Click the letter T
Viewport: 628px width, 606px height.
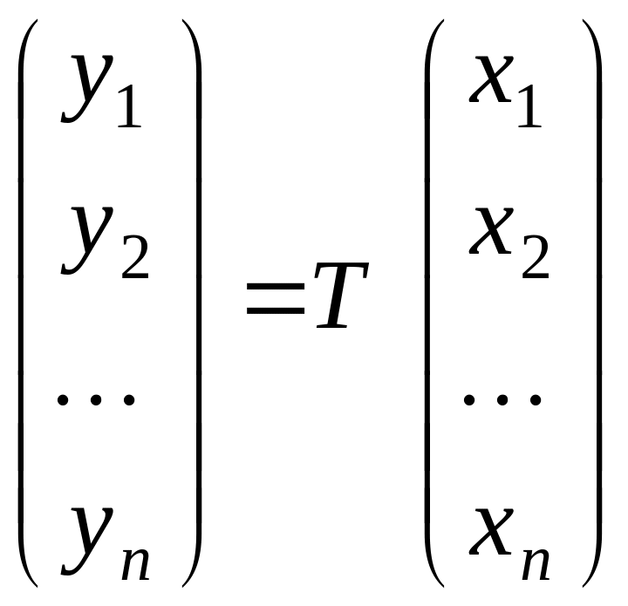341,296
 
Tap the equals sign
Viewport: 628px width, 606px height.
276,298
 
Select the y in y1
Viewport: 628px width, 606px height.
86,88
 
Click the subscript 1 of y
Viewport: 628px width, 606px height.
129,106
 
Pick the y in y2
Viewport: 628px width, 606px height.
86,241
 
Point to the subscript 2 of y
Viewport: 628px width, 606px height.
135,256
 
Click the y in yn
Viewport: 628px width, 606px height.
86,541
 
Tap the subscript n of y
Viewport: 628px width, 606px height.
136,563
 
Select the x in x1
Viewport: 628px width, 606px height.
491,78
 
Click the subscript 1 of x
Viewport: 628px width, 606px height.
530,106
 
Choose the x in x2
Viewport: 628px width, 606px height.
491,231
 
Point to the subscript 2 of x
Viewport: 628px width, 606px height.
536,256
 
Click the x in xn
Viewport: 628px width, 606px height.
491,532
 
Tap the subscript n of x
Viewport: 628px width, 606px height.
536,563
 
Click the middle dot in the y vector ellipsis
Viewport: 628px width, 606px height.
95,399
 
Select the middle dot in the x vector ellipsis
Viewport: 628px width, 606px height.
502,399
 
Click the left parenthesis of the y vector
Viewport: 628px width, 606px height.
21,303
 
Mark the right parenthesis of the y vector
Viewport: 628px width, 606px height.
199,303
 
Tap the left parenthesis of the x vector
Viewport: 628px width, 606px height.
427,303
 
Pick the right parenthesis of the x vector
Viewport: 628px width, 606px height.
599,303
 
